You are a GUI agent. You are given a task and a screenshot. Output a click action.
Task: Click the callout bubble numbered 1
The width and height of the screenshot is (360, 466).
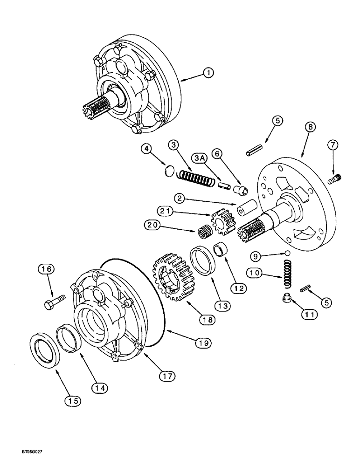[208, 73]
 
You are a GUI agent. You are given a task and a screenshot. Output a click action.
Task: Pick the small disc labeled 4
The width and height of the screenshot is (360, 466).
[172, 171]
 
